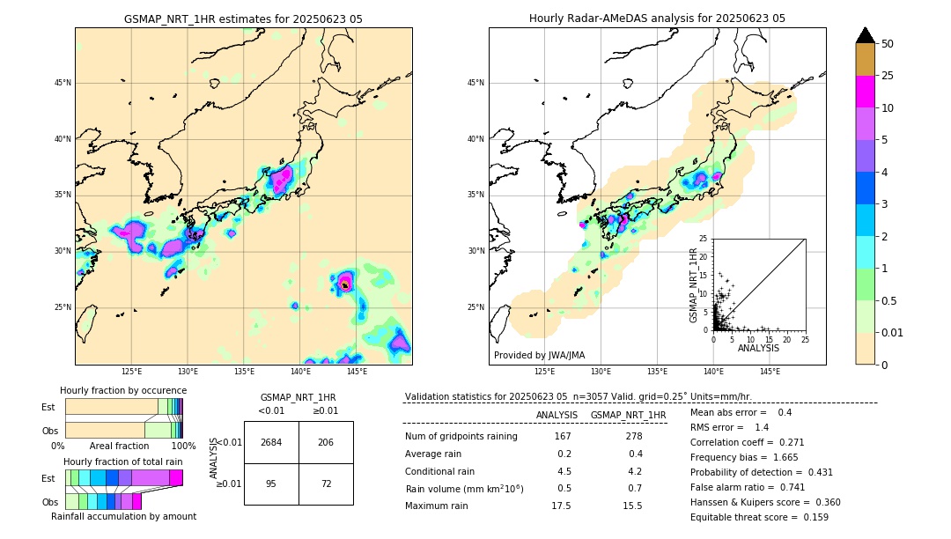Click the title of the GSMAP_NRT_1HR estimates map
pos(243,18)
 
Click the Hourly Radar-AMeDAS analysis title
pos(657,18)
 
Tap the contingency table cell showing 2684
pos(271,442)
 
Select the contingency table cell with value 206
pos(326,442)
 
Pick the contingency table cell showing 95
pos(271,484)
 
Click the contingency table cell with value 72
pos(326,484)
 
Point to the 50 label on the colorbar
pos(888,43)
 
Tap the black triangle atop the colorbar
pos(866,35)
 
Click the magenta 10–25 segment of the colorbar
pos(866,92)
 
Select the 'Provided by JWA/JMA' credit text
pos(539,356)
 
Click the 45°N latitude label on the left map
pos(62,83)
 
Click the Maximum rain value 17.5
pos(561,506)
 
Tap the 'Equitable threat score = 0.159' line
pos(759,517)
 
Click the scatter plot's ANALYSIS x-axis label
pos(758,348)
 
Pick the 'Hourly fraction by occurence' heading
pos(123,390)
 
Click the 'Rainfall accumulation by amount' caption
pos(123,516)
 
